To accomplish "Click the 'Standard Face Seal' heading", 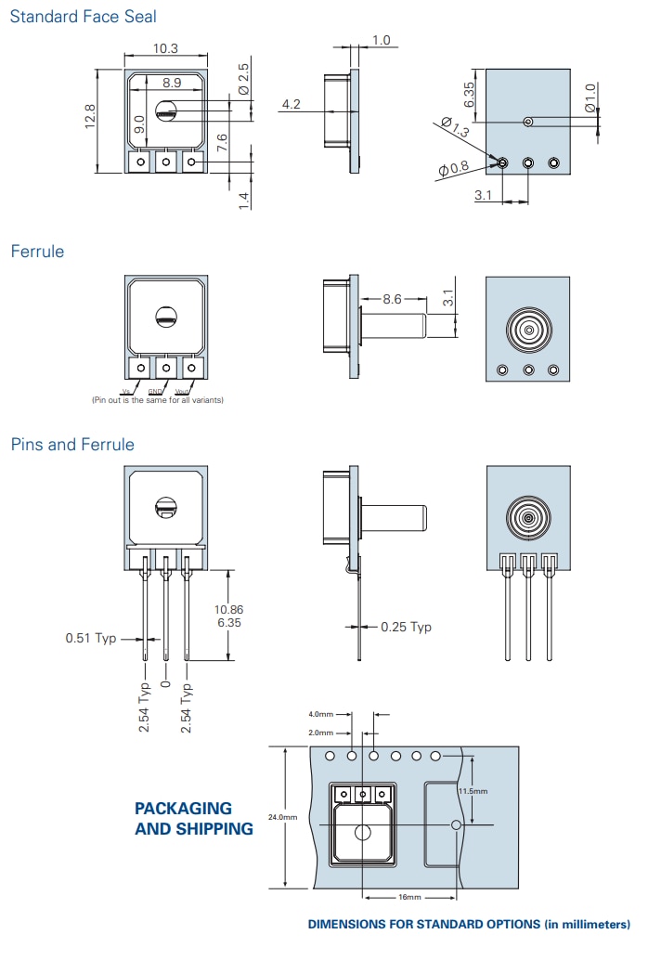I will coord(83,16).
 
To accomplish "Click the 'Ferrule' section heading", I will coord(37,252).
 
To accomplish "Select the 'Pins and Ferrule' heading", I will coord(72,445).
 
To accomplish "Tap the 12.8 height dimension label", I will coord(90,117).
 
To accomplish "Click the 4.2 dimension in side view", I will coord(291,104).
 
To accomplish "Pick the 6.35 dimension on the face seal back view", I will coord(469,94).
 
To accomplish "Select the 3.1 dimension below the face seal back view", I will coord(483,195).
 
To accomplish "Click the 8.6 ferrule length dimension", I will coord(392,300).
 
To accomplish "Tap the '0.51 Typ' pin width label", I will coord(91,639).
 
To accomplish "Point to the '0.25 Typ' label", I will coord(407,627).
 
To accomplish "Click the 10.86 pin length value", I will coord(228,609).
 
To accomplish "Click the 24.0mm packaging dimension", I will coord(282,817).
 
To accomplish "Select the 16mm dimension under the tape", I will coord(410,898).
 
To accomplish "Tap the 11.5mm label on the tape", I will coord(473,791).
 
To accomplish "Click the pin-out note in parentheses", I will coord(157,400).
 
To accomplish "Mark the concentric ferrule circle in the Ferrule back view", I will coord(528,329).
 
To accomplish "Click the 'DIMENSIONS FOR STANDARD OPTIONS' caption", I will coord(469,924).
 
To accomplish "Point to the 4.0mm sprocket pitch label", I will coord(321,714).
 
